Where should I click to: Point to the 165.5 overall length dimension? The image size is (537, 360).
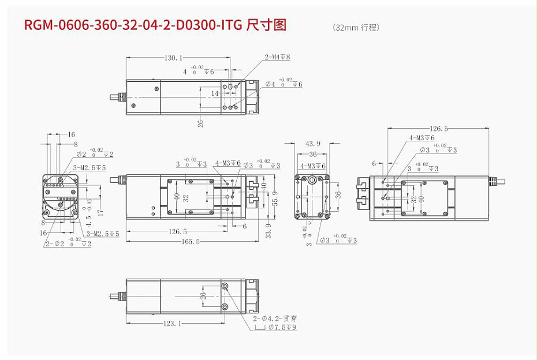[190, 242]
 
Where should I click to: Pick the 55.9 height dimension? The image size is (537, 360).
[275, 198]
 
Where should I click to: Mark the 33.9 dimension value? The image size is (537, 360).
[268, 229]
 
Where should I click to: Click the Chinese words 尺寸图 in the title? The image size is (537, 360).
[266, 25]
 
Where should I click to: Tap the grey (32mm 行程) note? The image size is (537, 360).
[356, 27]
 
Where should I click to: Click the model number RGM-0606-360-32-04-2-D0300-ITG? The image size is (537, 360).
[132, 25]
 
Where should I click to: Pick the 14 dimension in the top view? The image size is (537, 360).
[215, 93]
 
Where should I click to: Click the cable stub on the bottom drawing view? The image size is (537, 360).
[115, 296]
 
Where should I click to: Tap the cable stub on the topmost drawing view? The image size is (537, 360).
[115, 97]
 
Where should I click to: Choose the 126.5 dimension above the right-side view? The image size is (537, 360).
[438, 129]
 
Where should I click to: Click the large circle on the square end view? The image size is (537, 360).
[312, 180]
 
